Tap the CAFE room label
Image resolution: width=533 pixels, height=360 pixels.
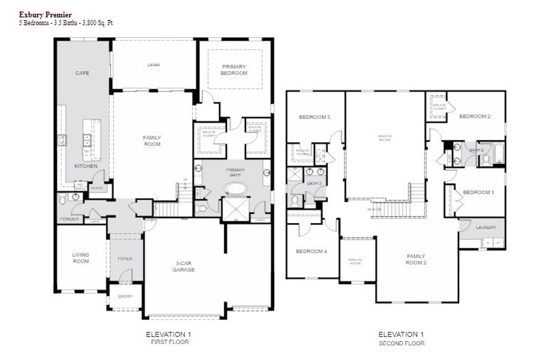[x=82, y=73]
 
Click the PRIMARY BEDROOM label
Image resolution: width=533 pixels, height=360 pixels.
[x=234, y=70]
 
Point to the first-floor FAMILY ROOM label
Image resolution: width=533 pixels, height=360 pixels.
[x=152, y=140]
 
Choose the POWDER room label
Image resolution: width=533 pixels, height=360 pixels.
[x=69, y=219]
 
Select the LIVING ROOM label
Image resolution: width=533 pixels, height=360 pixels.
[x=80, y=257]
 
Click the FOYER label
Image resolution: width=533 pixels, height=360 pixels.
[x=124, y=259]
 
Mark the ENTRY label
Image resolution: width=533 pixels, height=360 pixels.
[x=124, y=296]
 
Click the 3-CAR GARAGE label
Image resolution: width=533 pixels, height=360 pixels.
[x=184, y=266]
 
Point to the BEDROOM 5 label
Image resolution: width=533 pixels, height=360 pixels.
[x=317, y=116]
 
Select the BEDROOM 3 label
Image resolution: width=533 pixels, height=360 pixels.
[x=478, y=192]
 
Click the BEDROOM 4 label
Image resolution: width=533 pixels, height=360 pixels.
[x=312, y=251]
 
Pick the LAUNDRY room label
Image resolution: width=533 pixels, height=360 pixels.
[x=485, y=227]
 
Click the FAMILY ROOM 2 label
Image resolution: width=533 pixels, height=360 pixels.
[x=415, y=259]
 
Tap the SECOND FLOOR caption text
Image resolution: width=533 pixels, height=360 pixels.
[x=402, y=344]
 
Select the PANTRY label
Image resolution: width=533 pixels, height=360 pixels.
[x=97, y=188]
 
